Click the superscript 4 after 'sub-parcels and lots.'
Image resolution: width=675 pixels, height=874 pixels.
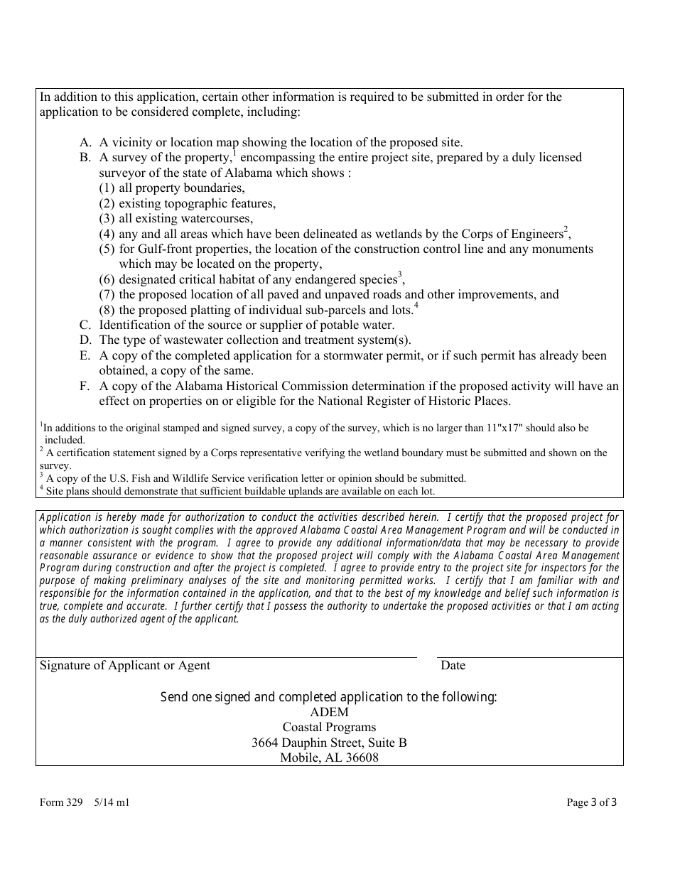[x=416, y=306]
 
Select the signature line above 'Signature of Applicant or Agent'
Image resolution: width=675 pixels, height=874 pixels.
[x=227, y=657]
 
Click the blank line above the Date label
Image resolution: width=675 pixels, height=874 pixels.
[x=529, y=657]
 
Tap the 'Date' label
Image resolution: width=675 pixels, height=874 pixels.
[x=453, y=666]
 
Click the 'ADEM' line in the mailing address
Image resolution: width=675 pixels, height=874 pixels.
[x=329, y=712]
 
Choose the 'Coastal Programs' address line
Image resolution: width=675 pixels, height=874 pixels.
[x=329, y=728]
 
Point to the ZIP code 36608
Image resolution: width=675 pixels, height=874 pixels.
[x=361, y=758]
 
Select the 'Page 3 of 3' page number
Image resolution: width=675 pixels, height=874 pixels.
[x=591, y=803]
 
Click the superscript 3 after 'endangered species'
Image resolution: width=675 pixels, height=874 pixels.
[x=400, y=275]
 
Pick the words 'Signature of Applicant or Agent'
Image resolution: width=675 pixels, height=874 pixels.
[x=125, y=666]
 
